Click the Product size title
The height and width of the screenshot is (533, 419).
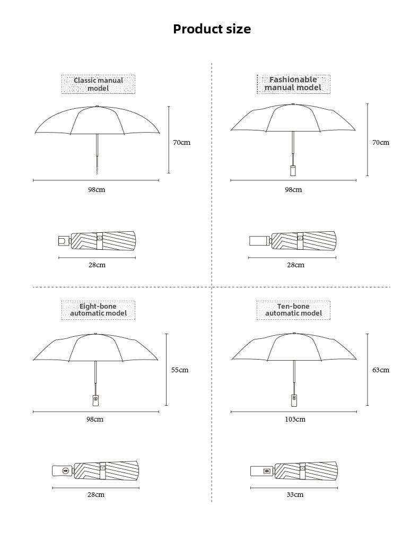point(212,29)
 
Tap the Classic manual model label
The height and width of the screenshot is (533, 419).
point(98,84)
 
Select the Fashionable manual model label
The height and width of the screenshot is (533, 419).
point(293,84)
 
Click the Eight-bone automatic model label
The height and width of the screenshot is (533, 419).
point(98,310)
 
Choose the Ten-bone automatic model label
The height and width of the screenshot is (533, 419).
point(293,310)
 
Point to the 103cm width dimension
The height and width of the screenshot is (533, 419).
point(295,420)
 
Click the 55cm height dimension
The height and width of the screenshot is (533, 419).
point(180,370)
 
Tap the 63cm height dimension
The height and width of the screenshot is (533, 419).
point(381,370)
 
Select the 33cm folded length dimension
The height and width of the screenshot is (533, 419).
point(295,495)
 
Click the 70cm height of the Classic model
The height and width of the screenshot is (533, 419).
point(182,143)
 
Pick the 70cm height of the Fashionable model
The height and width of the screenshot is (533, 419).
point(381,143)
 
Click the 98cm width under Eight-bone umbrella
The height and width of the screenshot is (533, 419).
point(95,420)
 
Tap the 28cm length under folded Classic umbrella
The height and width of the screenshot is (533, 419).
point(97,265)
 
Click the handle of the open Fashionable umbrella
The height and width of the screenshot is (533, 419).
point(293,170)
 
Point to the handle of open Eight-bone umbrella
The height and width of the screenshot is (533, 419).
point(96,400)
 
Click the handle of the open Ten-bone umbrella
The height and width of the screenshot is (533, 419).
point(294,400)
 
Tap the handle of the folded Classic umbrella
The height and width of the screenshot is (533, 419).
point(64,241)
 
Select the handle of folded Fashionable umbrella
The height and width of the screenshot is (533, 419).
point(260,241)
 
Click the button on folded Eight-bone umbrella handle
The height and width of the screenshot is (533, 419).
point(66,471)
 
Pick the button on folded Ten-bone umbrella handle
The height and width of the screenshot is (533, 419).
point(267,471)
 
